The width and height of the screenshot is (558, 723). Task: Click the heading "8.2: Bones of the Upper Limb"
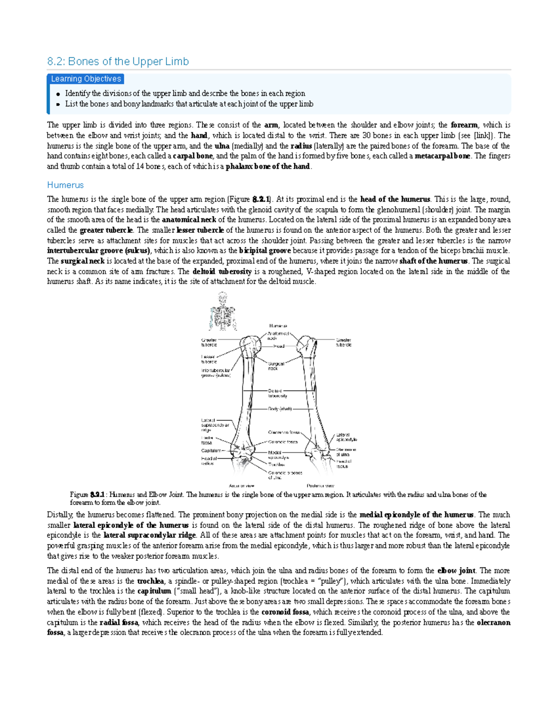[x=118, y=61]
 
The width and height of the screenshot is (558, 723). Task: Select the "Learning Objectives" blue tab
[x=86, y=79]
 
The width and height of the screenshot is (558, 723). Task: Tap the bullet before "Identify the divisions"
[x=58, y=94]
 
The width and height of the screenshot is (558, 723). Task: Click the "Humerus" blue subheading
[x=65, y=185]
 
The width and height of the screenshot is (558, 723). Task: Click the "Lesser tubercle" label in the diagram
[x=209, y=359]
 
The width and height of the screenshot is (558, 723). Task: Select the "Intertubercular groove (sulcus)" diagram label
[x=215, y=373]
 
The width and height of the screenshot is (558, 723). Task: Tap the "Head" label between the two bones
[x=279, y=346]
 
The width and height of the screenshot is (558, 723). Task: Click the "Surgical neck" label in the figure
[x=276, y=366]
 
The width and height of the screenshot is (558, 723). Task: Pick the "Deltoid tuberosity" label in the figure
[x=278, y=393]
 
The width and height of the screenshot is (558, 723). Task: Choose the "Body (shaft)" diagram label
[x=279, y=409]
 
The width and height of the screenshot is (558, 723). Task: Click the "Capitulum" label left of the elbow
[x=211, y=451]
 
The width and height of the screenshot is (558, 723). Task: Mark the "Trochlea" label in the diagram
[x=276, y=464]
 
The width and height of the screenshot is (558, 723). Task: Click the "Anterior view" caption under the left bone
[x=242, y=486]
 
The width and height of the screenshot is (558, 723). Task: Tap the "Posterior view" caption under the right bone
[x=320, y=486]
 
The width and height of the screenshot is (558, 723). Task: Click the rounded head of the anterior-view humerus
[x=249, y=345]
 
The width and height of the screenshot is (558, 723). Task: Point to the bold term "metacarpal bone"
[x=442, y=156]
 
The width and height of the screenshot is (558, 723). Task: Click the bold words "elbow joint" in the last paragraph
[x=457, y=571]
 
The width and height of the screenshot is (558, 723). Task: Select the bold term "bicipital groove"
[x=265, y=251]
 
